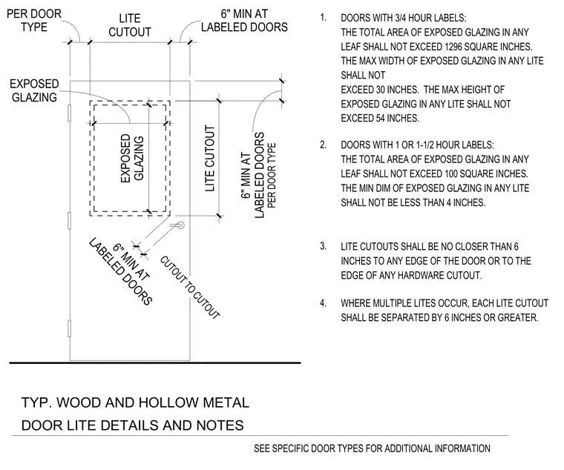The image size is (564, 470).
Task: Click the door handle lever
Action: click(177, 225)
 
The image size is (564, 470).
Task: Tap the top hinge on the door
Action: click(70, 113)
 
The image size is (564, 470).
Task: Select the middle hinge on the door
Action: click(70, 221)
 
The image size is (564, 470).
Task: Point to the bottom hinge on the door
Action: click(70, 329)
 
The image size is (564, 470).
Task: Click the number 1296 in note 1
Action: click(455, 47)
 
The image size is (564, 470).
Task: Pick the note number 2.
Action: click(324, 145)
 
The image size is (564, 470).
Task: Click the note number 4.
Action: click(324, 303)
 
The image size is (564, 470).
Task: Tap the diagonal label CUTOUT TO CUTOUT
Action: click(189, 287)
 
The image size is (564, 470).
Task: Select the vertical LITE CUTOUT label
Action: click(210, 158)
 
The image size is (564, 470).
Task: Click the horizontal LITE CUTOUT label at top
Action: click(130, 25)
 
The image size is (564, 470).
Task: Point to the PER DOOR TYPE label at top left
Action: click(34, 20)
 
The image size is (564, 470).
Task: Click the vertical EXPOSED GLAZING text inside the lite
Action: click(132, 158)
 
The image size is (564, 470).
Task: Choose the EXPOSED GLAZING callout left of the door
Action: click(34, 90)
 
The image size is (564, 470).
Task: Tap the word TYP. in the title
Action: click(36, 403)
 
